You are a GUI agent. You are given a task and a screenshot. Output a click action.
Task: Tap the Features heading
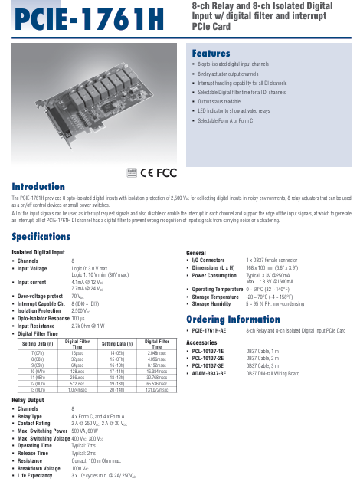tap(211, 54)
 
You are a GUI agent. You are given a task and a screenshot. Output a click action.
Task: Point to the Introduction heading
tap(38, 186)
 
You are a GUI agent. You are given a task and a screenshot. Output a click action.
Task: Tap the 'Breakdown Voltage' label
tap(39, 467)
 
